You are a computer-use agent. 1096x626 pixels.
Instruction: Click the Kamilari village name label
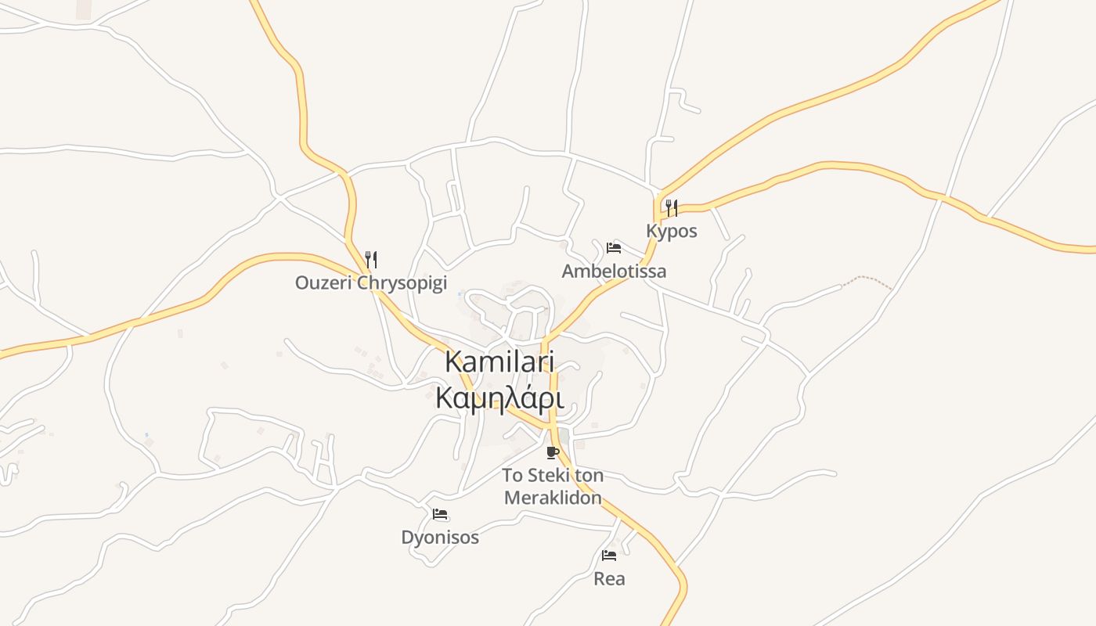click(x=499, y=362)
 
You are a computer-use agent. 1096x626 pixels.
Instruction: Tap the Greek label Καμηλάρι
click(x=499, y=398)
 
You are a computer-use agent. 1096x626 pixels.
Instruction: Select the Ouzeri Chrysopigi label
click(x=370, y=282)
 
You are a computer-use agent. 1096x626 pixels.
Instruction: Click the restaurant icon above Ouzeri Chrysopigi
click(x=371, y=259)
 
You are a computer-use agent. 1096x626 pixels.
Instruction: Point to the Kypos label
click(x=671, y=231)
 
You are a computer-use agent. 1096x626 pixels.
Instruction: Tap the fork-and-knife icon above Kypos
click(x=671, y=207)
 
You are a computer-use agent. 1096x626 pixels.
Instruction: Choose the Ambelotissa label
click(x=614, y=271)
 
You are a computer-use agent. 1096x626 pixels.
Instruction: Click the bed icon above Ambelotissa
click(x=614, y=248)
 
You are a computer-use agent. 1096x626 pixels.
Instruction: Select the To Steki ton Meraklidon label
click(x=553, y=486)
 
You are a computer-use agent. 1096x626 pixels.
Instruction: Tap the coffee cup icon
click(x=553, y=452)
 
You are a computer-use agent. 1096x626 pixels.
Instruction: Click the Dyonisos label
click(x=439, y=538)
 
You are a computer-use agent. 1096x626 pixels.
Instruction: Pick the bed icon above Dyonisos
click(x=439, y=514)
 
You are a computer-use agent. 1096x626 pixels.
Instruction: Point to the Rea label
click(x=609, y=578)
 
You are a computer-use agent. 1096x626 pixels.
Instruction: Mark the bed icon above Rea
click(x=609, y=556)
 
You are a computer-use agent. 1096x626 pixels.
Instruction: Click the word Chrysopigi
click(x=402, y=282)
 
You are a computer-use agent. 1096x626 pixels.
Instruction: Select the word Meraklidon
click(x=553, y=498)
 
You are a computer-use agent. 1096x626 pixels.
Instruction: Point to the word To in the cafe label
click(x=512, y=475)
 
